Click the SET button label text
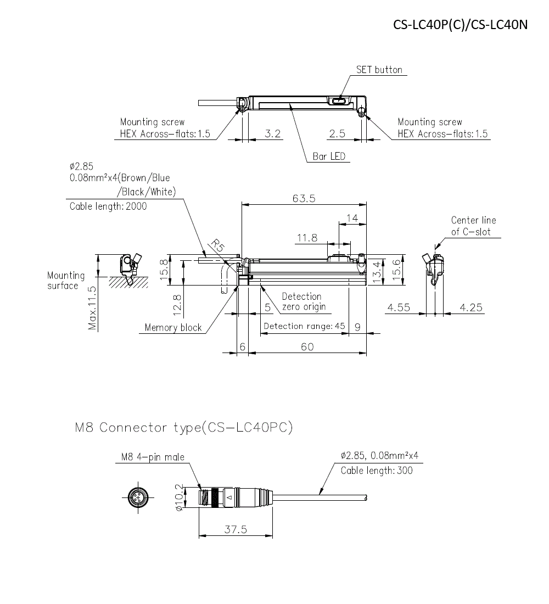[x=379, y=70]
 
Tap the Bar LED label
[x=329, y=156]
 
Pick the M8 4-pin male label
[x=153, y=457]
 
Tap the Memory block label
[x=173, y=328]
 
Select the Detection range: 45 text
[x=304, y=326]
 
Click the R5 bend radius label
[x=217, y=245]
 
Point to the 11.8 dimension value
[x=307, y=238]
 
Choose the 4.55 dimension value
[x=399, y=307]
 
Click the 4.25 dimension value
[x=470, y=307]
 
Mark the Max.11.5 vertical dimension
[x=92, y=307]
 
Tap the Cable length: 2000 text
[x=108, y=206]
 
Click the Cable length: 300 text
[x=377, y=470]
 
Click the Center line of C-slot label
[x=473, y=226]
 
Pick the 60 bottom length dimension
[x=307, y=346]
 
